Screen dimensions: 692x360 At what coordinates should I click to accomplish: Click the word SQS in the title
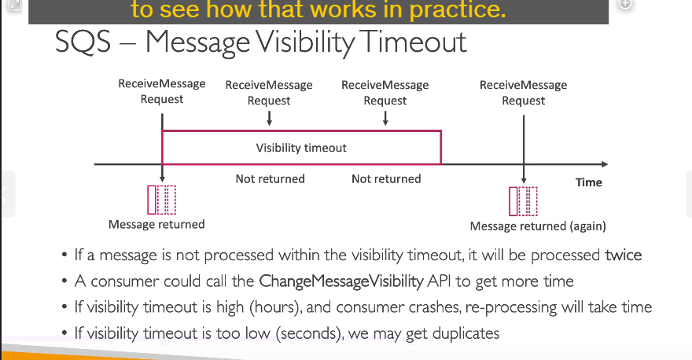tap(83, 42)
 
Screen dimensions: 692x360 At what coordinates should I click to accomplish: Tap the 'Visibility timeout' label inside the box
tap(301, 148)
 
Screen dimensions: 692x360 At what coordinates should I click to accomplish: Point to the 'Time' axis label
tap(589, 182)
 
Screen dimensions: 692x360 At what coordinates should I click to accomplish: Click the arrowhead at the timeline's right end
tap(605, 164)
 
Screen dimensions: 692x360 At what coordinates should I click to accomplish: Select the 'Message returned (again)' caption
tap(538, 226)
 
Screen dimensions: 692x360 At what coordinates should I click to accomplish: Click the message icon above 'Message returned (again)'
tap(523, 202)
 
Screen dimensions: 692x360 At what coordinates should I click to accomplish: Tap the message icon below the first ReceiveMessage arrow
tap(161, 200)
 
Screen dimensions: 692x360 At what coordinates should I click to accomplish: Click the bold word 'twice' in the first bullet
tap(623, 255)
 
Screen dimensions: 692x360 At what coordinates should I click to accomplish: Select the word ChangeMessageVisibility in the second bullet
tap(341, 281)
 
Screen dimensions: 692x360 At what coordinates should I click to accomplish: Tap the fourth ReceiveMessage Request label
tap(524, 93)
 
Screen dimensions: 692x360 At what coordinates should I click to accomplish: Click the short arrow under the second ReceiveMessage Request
tap(269, 118)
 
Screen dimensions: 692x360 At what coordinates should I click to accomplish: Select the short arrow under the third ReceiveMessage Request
tap(385, 118)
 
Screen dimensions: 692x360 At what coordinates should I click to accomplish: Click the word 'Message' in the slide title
tap(197, 43)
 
